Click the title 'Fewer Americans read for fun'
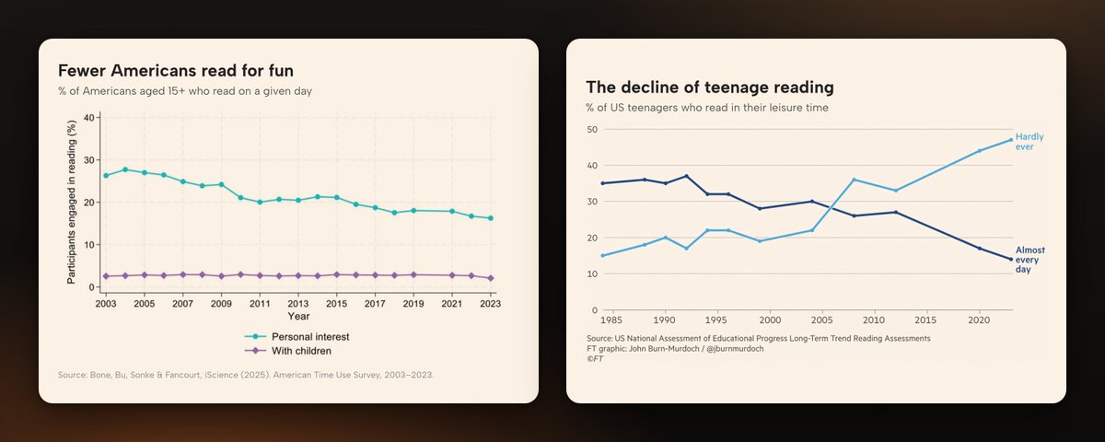176,71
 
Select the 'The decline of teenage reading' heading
710,87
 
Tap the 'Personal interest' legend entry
297,336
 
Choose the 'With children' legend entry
288,351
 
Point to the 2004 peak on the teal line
125,169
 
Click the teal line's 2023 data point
490,218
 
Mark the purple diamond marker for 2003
106,276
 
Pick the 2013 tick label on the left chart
298,304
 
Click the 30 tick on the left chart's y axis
89,160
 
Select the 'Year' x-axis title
298,316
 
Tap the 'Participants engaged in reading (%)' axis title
72,202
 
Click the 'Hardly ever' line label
1029,142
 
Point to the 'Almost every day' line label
1029,260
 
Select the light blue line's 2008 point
854,180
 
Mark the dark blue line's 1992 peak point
686,176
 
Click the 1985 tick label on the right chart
611,320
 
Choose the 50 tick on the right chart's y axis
592,130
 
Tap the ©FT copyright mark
595,358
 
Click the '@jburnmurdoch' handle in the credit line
735,349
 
